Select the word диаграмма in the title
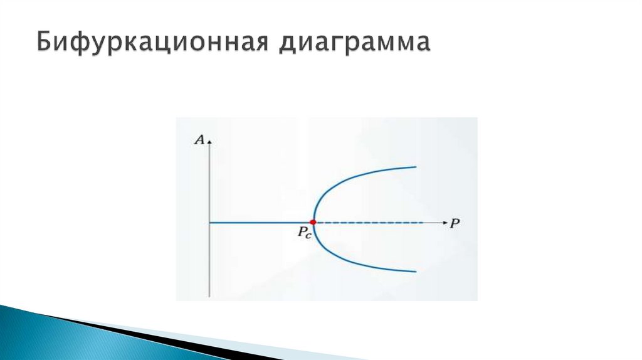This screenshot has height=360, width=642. tap(355, 44)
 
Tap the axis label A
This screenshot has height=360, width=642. tap(200, 140)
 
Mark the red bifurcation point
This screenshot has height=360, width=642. tap(313, 223)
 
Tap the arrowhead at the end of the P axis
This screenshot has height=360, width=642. tap(444, 223)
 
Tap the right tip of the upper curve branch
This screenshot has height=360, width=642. tap(416, 167)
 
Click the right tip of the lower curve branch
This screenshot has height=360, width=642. tap(416, 272)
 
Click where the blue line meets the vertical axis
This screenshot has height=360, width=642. tap(211, 223)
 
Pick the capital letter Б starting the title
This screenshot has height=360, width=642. tap(43, 44)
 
